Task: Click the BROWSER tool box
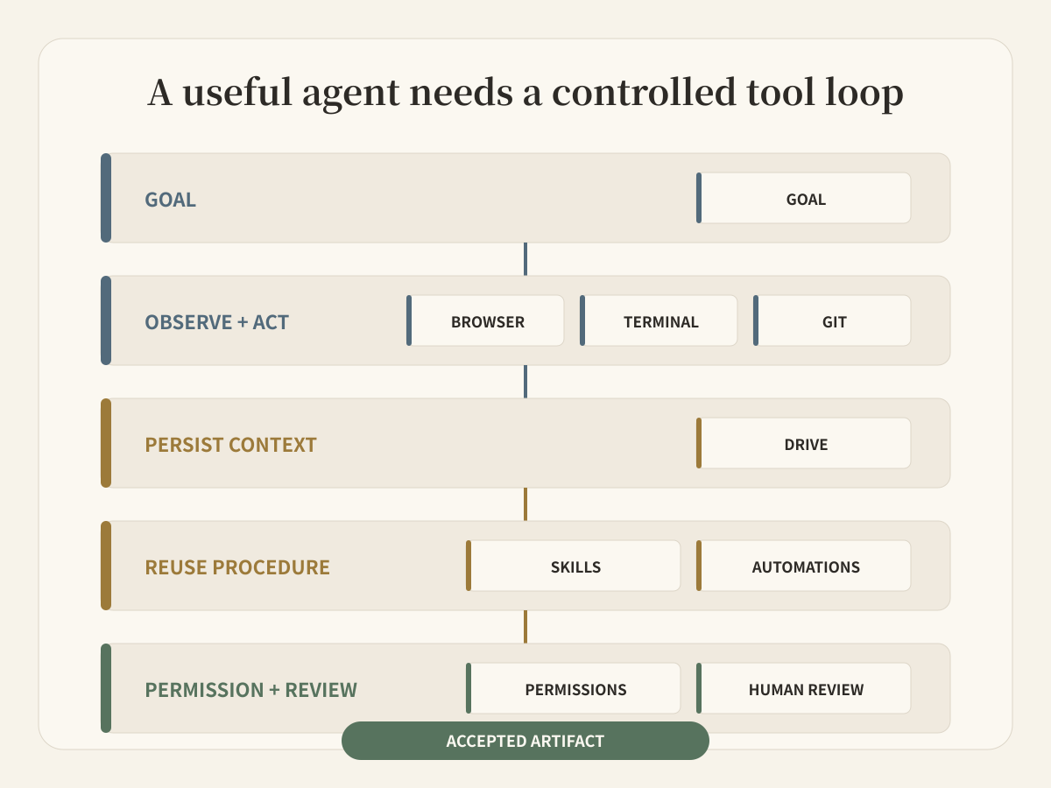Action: [x=485, y=320]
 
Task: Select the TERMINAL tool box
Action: [x=659, y=320]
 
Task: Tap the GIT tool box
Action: [x=832, y=320]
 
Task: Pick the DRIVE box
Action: [x=803, y=443]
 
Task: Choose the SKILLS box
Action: [x=573, y=566]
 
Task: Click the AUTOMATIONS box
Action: [x=803, y=566]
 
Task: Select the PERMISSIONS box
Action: [x=573, y=688]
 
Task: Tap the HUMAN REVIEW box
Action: [x=803, y=688]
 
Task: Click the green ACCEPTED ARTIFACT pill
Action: [x=525, y=741]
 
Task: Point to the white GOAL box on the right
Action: [x=803, y=198]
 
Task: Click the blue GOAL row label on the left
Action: [x=171, y=200]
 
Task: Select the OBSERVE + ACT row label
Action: [x=217, y=322]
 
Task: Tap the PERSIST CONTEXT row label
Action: [x=231, y=445]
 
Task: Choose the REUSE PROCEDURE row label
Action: [x=237, y=567]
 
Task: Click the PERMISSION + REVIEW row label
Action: [x=250, y=689]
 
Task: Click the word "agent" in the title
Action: [x=351, y=94]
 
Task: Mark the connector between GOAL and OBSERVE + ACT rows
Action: [x=525, y=259]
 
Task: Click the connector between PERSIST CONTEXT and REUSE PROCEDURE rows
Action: [x=525, y=503]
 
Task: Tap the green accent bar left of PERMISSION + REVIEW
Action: [x=106, y=688]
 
